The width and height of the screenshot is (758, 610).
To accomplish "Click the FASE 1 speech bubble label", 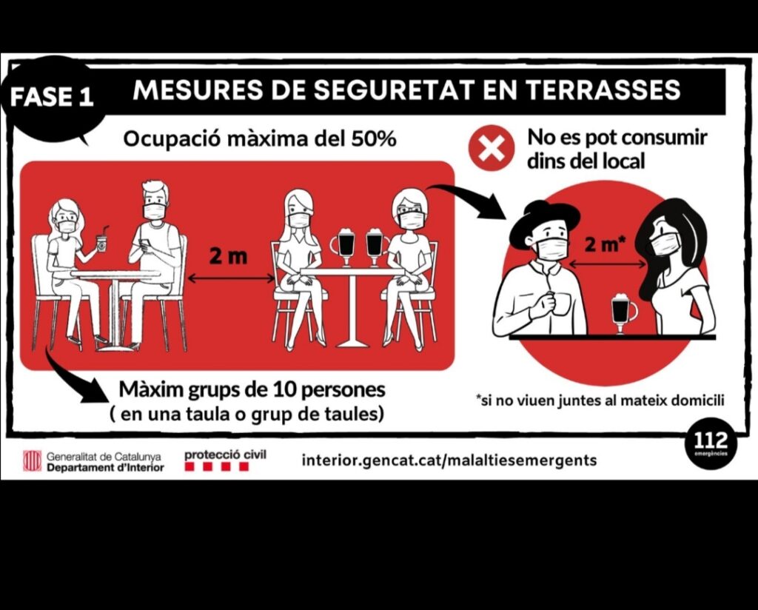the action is (x=51, y=96).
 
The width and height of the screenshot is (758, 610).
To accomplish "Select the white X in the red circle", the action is (x=492, y=148).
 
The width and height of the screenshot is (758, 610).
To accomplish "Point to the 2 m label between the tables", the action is (x=228, y=255).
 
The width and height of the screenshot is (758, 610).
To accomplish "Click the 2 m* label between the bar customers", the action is (x=603, y=244).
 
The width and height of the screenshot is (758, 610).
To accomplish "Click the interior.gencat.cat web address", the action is (x=449, y=459).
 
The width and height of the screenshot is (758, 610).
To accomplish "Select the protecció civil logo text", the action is (x=225, y=455).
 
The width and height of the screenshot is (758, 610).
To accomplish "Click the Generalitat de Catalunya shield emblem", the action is (x=33, y=460).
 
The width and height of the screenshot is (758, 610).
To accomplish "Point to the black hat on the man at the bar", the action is (x=544, y=223).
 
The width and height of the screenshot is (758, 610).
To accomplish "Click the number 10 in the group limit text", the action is (x=284, y=389).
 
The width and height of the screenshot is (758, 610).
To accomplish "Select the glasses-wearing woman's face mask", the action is (x=412, y=220).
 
